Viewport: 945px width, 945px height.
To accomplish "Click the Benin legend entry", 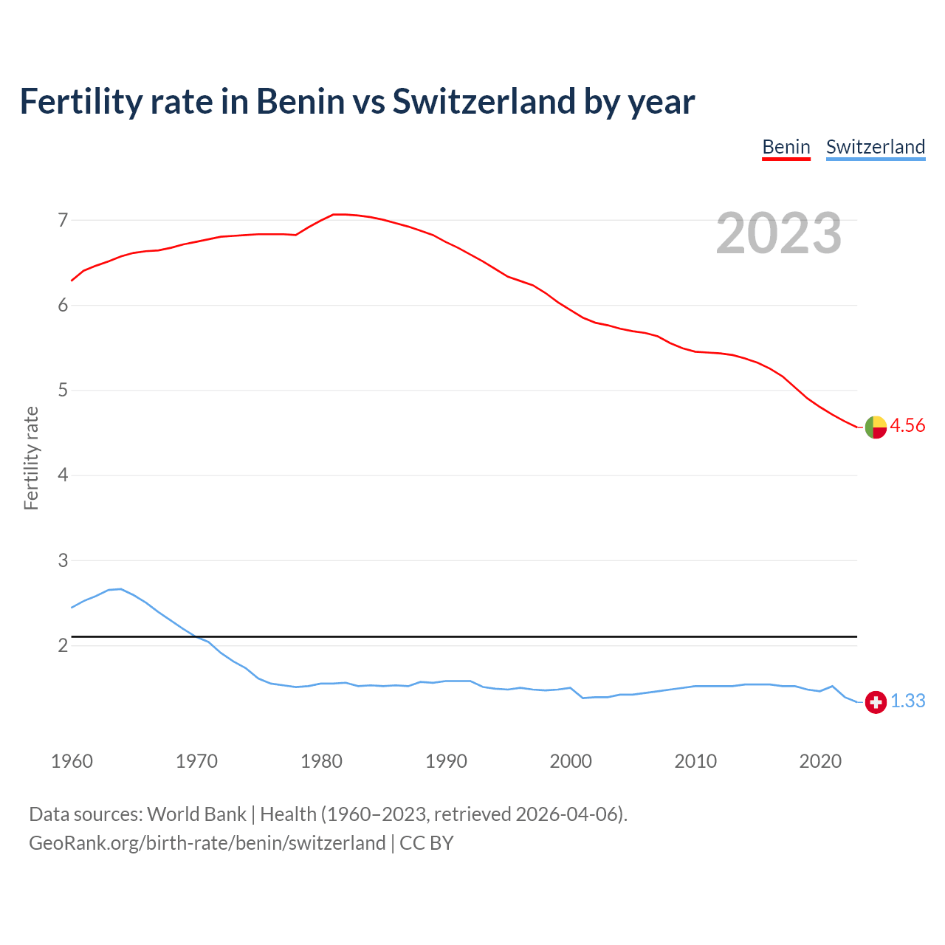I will (786, 147).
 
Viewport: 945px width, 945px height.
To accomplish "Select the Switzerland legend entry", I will (875, 147).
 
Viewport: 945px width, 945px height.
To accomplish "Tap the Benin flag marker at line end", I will (876, 427).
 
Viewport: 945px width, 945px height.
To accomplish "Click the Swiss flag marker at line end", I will (876, 702).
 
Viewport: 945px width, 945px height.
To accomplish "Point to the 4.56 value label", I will (907, 426).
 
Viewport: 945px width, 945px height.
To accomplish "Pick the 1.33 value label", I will (907, 701).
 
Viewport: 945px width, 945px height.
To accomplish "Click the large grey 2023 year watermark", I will (778, 233).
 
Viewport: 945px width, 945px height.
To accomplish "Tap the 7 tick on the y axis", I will (63, 220).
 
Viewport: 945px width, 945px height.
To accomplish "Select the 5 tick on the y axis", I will (63, 390).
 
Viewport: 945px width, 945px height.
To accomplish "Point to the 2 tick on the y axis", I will (63, 645).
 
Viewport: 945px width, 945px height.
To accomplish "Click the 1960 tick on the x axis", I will (72, 761).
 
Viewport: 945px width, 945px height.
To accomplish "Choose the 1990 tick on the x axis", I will (446, 761).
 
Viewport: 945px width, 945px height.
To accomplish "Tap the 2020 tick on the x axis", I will (820, 761).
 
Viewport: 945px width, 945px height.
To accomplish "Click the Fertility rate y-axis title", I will (31, 458).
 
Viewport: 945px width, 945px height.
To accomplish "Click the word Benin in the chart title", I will (300, 101).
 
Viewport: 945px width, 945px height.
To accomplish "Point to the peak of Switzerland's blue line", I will (120, 588).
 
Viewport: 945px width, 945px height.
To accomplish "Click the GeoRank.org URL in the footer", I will (207, 843).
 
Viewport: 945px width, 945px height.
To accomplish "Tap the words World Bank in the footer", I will (196, 814).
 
